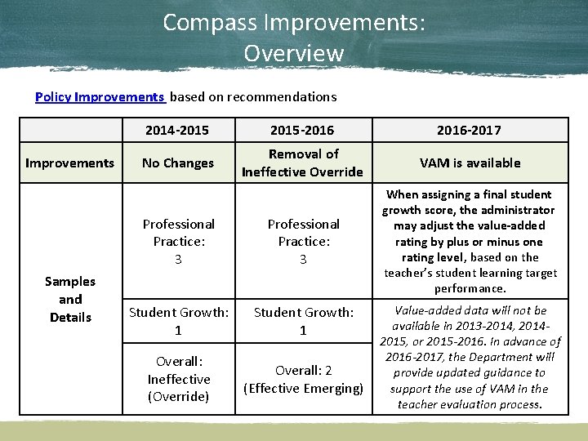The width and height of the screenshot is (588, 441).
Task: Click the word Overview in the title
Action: pos(294,54)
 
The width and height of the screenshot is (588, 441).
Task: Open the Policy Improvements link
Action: pos(100,96)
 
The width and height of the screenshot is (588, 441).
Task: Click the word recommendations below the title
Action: pos(282,96)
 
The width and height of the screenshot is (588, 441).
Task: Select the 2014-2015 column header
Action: pos(177,130)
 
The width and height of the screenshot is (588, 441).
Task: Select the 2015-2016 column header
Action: pos(303,130)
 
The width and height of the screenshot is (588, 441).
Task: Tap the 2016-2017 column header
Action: pos(470,130)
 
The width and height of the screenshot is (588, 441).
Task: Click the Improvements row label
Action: pos(70,163)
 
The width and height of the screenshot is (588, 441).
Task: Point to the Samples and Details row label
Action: pos(70,299)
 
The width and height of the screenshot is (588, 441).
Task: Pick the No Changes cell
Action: pos(177,163)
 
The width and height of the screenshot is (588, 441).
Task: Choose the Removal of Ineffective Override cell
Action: pos(303,163)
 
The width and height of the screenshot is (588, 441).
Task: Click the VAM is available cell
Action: pos(470,163)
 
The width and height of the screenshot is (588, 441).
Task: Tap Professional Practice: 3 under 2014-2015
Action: pos(178,241)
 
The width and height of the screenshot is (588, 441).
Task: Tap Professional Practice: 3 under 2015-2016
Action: pos(303,241)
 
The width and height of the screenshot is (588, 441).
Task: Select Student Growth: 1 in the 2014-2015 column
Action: pos(178,321)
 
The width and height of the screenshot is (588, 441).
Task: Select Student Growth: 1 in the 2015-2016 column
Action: pos(303,321)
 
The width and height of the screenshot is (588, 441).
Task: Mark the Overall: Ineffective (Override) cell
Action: pos(178,379)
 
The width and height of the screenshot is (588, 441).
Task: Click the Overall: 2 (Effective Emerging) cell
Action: pos(303,379)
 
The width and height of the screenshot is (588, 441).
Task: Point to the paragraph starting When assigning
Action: pos(470,241)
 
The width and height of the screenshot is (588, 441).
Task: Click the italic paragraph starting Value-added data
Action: pos(470,357)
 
